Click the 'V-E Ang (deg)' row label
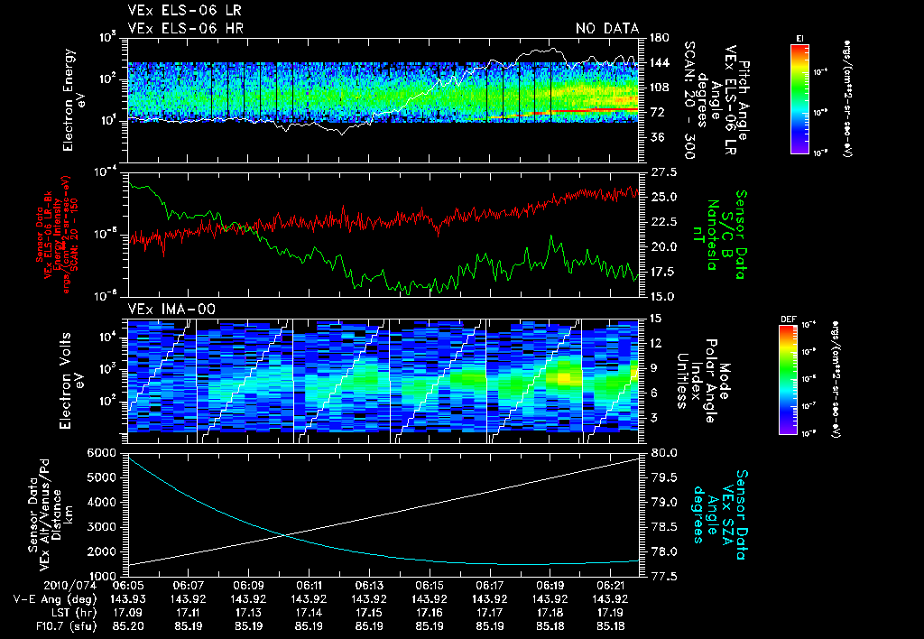52,598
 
